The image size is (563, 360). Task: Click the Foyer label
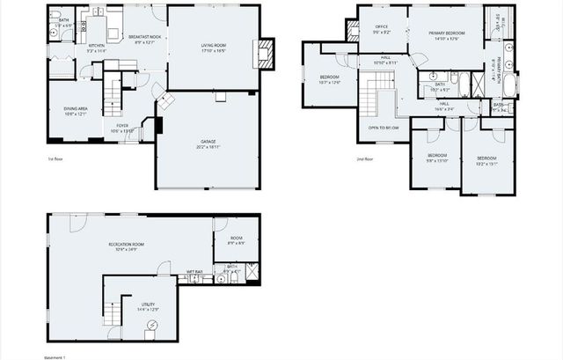[x=122, y=129]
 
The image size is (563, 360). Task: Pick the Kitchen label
[x=97, y=48]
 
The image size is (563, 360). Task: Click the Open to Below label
[x=383, y=129]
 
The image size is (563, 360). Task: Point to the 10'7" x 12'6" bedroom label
[x=329, y=79]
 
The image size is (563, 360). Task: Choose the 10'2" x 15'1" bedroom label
[x=486, y=160]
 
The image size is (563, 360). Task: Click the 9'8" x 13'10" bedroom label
[x=437, y=158]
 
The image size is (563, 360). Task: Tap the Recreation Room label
[x=126, y=246]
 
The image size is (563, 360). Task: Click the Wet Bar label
[x=194, y=272]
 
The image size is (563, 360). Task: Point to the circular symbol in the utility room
[x=151, y=327]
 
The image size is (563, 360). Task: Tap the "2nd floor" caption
[x=364, y=159]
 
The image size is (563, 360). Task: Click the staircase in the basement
[x=112, y=312]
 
